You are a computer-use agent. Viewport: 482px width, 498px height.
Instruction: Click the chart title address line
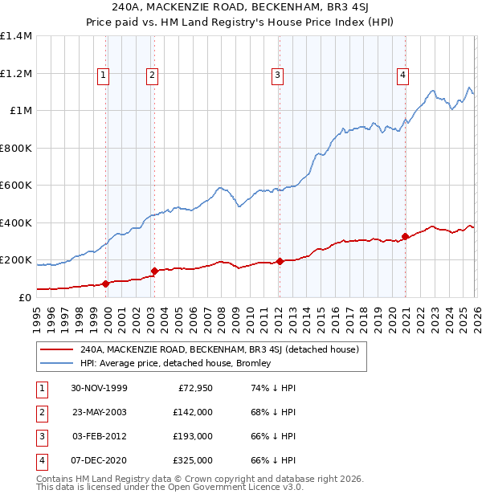[x=240, y=7]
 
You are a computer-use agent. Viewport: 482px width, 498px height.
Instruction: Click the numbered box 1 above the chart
[x=104, y=76]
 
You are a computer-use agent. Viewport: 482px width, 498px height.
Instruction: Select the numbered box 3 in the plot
[x=277, y=76]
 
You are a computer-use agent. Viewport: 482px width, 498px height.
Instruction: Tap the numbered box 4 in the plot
[x=402, y=76]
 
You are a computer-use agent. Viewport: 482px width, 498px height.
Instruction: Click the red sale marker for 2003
[x=153, y=271]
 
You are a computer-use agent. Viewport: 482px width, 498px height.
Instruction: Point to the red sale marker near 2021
[x=405, y=237]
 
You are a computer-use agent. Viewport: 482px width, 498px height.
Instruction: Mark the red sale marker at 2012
[x=280, y=261]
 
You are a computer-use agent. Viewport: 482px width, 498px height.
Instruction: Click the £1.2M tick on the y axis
[x=16, y=73]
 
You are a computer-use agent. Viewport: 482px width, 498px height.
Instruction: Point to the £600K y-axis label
[x=16, y=186]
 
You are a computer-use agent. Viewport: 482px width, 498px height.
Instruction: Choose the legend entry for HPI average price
[x=175, y=363]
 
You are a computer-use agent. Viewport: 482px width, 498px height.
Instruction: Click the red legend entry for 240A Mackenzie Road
[x=223, y=349]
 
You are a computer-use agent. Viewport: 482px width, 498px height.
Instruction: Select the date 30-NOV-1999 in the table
[x=99, y=388]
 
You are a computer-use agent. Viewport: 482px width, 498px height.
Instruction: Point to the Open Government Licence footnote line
[x=170, y=487]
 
